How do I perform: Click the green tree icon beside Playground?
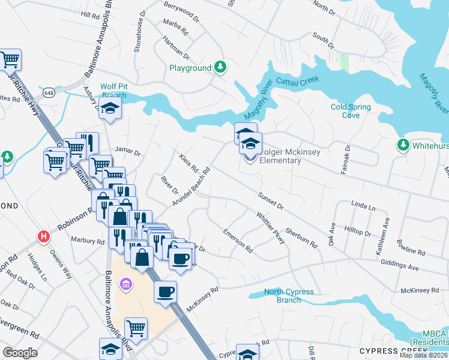[221, 67]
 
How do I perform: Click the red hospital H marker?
[43, 236]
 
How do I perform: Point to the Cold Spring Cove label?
[351, 111]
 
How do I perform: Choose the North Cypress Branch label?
[289, 296]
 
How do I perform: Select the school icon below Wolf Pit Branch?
[110, 109]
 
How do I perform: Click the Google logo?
[20, 353]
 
